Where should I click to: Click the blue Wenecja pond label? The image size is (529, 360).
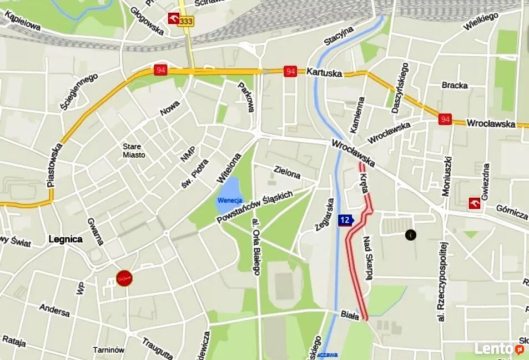(x=230, y=200)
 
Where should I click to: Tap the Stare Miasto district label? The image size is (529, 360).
(x=134, y=151)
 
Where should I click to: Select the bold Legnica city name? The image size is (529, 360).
(x=66, y=239)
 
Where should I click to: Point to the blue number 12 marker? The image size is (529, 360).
(x=345, y=220)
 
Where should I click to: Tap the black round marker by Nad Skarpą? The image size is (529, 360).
(x=410, y=235)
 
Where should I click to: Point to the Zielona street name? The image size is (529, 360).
(x=287, y=172)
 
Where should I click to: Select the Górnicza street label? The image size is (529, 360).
(x=512, y=211)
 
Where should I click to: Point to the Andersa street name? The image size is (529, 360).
(x=54, y=310)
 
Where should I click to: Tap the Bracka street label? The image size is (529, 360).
(x=455, y=86)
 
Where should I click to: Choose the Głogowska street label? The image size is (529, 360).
(x=147, y=21)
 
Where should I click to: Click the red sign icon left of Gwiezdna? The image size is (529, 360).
(x=475, y=203)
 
